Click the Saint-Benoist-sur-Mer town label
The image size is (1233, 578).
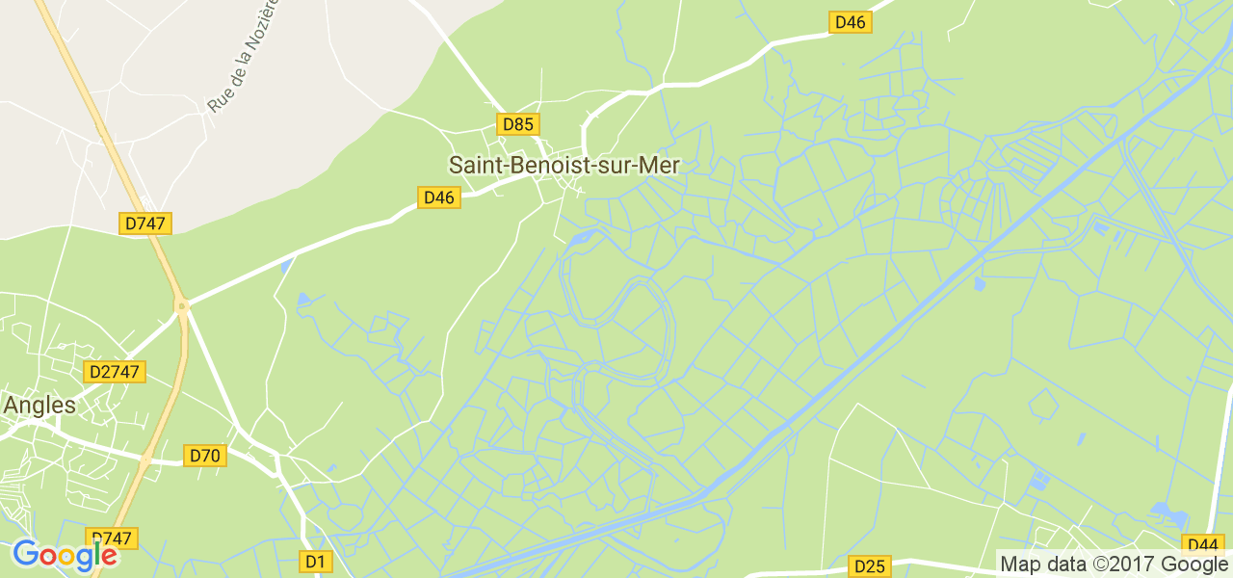564,166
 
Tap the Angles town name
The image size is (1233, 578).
39,406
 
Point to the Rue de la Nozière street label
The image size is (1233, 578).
244,55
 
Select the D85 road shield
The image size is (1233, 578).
518,124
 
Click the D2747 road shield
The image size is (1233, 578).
115,372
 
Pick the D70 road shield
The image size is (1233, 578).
205,456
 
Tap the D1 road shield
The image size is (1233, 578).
315,561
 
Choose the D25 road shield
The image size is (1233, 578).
869,565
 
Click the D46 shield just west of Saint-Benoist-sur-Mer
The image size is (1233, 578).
439,197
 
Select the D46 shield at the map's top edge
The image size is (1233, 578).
851,22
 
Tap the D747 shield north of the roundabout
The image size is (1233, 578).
146,223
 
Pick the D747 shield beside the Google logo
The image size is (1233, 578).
112,539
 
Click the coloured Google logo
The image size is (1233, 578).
65,556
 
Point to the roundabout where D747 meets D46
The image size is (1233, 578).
181,306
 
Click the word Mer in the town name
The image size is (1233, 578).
660,166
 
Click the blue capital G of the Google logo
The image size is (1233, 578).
25,554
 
